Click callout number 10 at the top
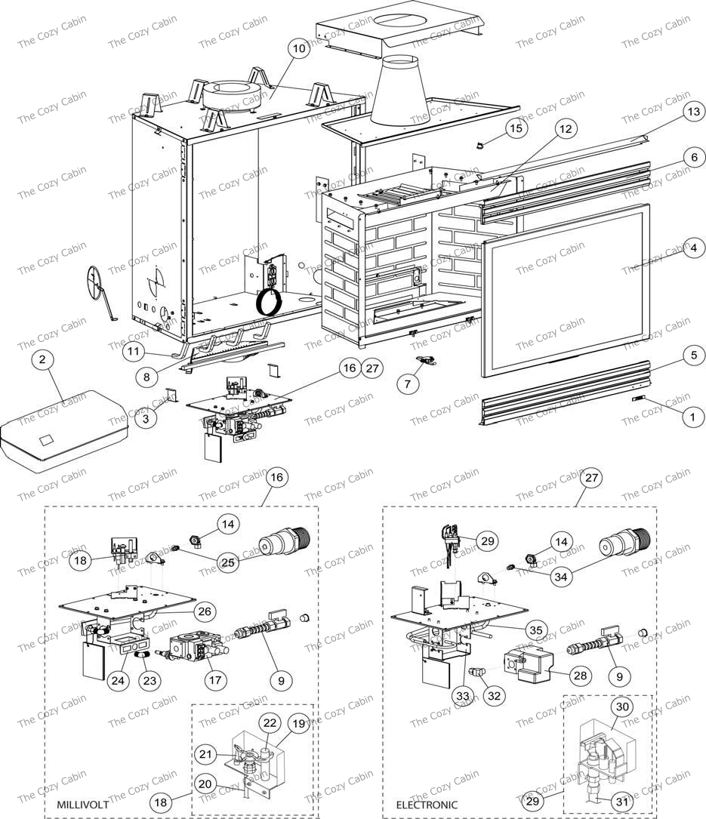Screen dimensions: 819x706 [x=298, y=48]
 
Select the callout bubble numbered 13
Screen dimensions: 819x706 [x=671, y=111]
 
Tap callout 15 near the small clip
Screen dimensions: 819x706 [x=516, y=128]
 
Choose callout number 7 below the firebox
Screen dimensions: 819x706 [x=408, y=384]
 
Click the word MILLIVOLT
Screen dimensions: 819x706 [x=82, y=805]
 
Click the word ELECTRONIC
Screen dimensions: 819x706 [x=427, y=805]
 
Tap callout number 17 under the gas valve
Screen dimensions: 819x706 [x=217, y=679]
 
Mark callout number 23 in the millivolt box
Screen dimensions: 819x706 [x=150, y=680]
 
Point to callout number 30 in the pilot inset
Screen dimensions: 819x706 [x=622, y=707]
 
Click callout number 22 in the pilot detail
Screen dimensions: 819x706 [x=270, y=722]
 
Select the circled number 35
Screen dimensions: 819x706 [x=535, y=628]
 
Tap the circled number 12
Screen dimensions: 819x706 [x=566, y=129]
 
